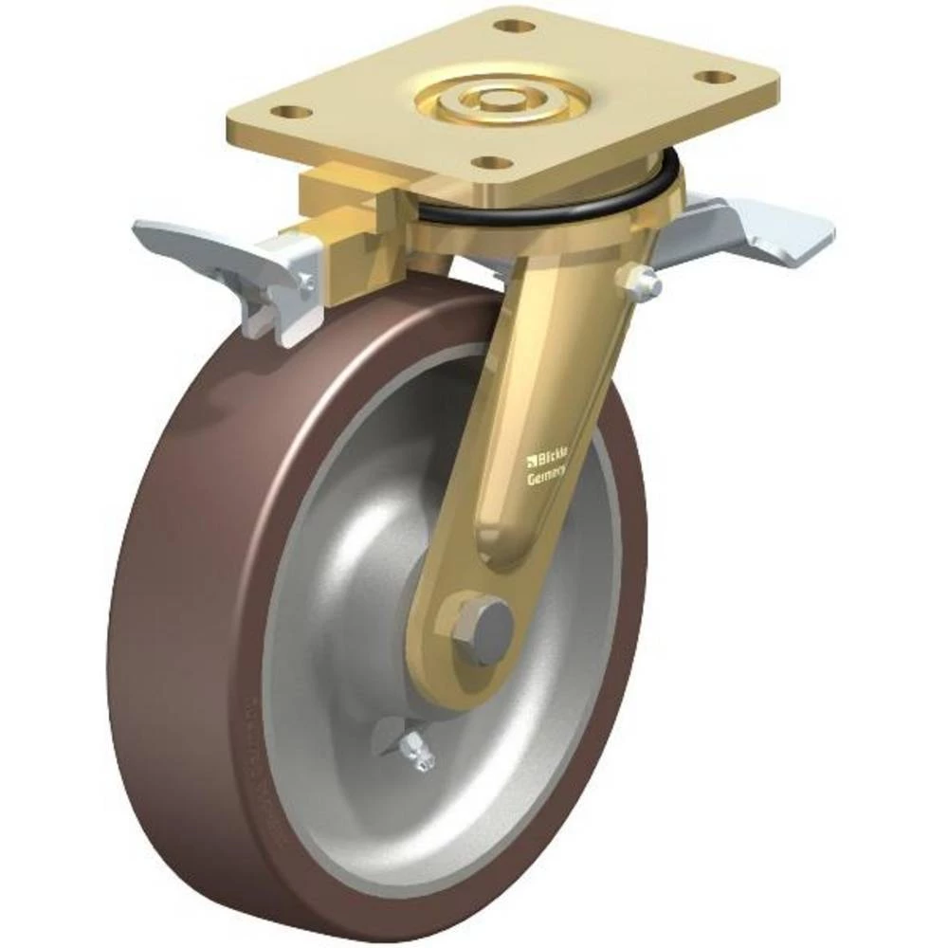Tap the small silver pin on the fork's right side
point(642,277)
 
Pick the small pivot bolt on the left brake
point(306,282)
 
